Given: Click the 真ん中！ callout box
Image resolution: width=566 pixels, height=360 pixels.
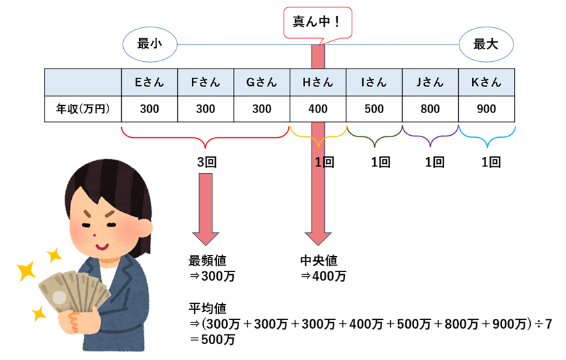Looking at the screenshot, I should (317, 22).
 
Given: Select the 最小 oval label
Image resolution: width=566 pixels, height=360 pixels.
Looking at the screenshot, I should (150, 45).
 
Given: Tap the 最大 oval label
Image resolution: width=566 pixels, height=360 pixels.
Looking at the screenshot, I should (486, 45).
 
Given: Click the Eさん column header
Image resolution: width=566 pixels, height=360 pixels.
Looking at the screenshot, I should (150, 83).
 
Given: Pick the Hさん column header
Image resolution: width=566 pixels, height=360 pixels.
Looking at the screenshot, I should (318, 83).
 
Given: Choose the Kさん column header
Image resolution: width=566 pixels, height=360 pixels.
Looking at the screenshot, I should (486, 83).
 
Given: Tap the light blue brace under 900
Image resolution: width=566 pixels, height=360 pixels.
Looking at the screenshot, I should (486, 137).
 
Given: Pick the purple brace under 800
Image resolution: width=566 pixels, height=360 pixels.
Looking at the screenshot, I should (430, 137).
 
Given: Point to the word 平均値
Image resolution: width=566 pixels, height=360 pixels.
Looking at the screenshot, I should (208, 309).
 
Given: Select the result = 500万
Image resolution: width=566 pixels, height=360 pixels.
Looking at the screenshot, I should (212, 339).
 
